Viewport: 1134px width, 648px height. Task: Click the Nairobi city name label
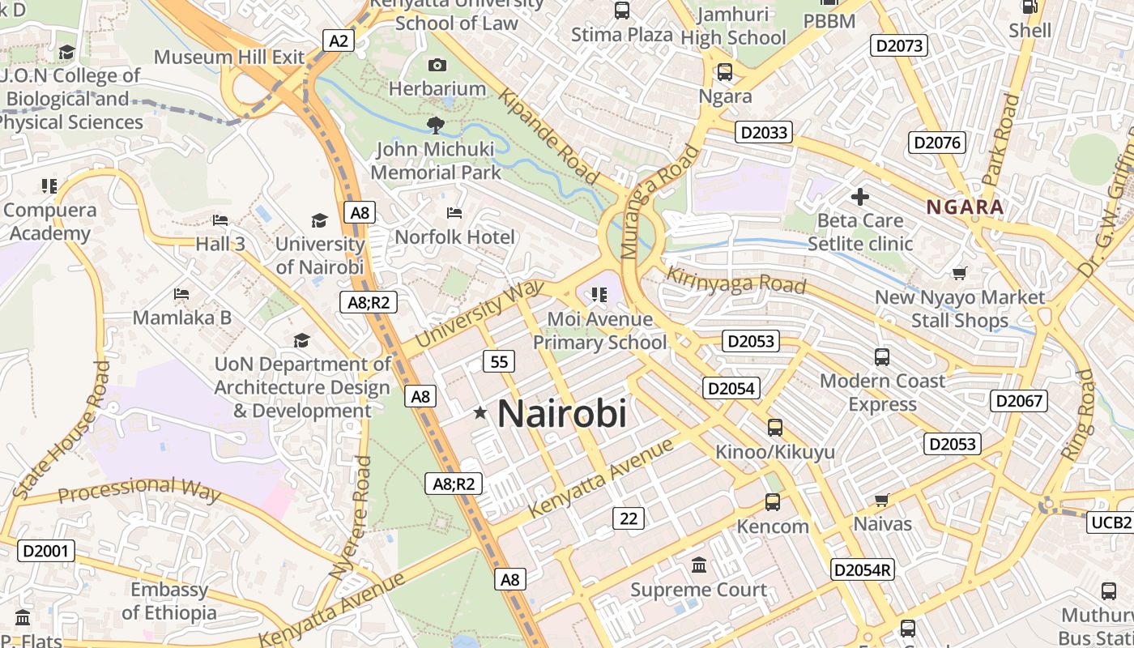tap(561, 414)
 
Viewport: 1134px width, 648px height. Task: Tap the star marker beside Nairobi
tap(480, 413)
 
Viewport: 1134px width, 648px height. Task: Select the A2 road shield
tap(339, 40)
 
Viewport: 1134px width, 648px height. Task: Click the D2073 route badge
tap(899, 45)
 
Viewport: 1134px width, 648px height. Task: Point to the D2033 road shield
tap(763, 132)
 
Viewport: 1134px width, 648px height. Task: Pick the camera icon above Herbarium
tap(437, 65)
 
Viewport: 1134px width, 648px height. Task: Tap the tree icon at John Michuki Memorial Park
tap(436, 125)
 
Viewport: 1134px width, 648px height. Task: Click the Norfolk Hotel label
tap(454, 237)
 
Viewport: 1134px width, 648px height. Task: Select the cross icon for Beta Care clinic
tap(859, 196)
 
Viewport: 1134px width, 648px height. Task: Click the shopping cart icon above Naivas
tap(882, 501)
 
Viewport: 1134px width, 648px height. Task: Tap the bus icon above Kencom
tap(773, 502)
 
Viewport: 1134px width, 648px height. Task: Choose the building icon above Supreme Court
tap(698, 565)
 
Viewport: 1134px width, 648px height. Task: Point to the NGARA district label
tap(965, 207)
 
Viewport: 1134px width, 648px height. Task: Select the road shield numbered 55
tap(499, 361)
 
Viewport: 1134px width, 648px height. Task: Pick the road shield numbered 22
tap(628, 518)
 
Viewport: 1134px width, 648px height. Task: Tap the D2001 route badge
tap(46, 552)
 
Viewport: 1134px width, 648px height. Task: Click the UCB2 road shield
tap(1110, 522)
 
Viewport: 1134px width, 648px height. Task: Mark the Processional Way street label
tap(139, 489)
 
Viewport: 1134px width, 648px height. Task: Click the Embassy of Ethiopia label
tap(169, 601)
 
